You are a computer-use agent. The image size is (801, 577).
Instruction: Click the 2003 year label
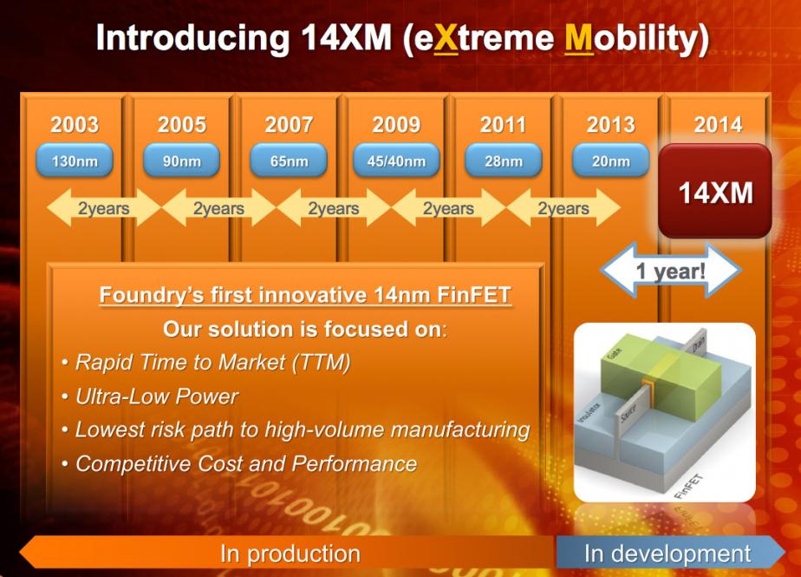[74, 125]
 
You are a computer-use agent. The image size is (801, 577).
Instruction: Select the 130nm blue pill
[74, 161]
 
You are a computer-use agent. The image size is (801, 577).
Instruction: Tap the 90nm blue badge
[181, 161]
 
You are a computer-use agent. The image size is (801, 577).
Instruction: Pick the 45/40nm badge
[396, 161]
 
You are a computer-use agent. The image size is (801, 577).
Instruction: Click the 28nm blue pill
[503, 161]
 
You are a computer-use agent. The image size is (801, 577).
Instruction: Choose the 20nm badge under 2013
[610, 161]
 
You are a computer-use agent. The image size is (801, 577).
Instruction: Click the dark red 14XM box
[714, 191]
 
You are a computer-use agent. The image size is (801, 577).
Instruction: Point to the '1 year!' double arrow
[670, 270]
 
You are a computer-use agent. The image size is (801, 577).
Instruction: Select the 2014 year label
[718, 125]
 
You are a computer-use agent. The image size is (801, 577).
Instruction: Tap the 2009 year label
[396, 125]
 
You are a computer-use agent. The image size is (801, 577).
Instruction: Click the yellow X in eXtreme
[446, 38]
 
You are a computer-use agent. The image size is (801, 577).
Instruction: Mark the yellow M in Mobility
[579, 38]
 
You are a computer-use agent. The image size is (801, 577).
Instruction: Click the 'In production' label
[290, 554]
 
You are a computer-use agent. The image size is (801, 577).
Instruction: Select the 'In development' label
[667, 554]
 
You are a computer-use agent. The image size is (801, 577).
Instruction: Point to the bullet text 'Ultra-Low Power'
[157, 397]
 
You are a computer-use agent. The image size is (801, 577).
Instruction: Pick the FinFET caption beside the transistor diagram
[688, 487]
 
